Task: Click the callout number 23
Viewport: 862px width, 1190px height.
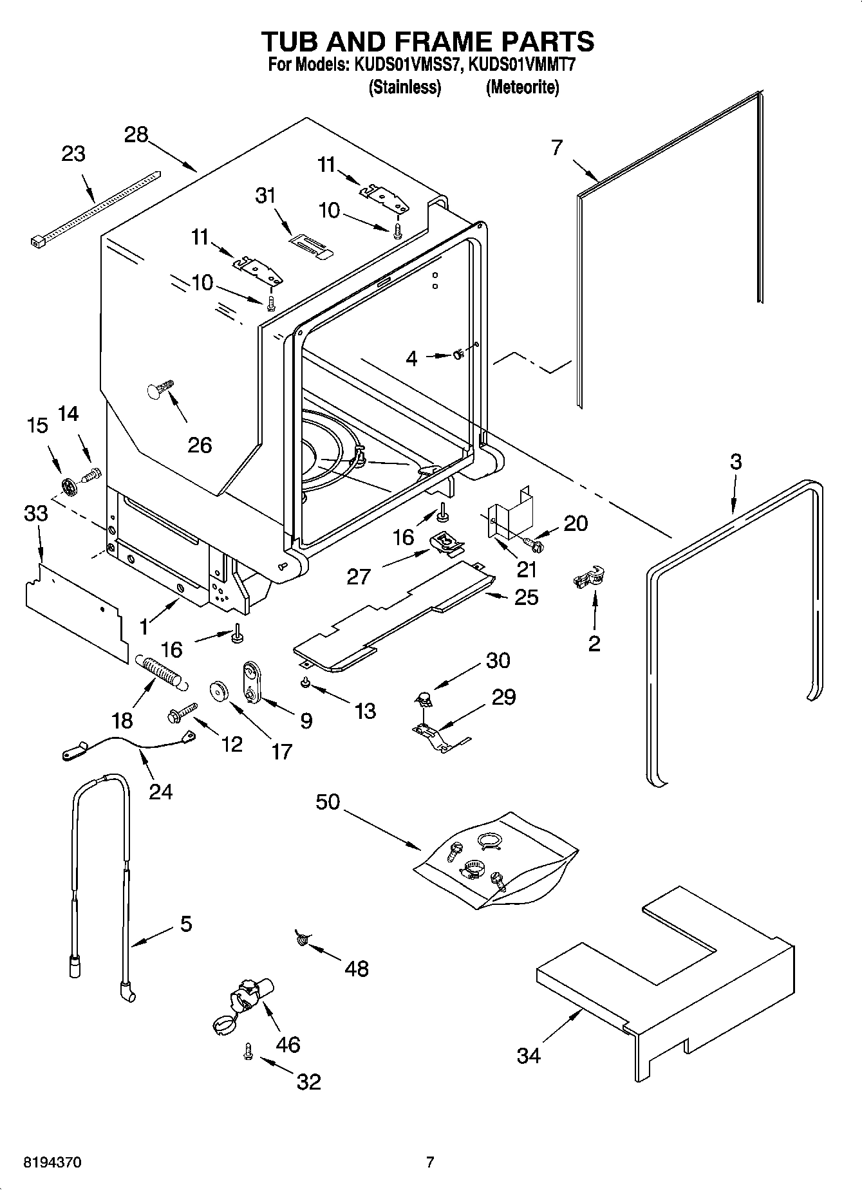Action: pos(73,154)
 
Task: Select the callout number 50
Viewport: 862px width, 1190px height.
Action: pos(328,802)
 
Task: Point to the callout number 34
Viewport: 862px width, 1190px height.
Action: pos(529,1055)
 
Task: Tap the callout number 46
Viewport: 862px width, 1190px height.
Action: pos(287,1044)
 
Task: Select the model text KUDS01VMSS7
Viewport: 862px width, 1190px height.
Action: pos(407,66)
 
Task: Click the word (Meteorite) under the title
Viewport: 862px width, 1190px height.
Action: pos(522,87)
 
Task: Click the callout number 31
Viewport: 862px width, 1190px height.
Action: pos(265,194)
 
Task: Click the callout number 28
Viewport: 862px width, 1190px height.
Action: pos(136,135)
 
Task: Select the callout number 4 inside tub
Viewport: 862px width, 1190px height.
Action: pos(411,359)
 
